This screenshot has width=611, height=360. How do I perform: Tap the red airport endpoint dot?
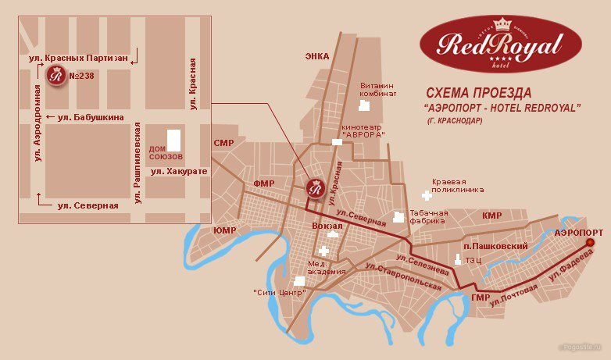click(590, 243)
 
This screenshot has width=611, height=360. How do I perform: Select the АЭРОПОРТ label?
click(578, 233)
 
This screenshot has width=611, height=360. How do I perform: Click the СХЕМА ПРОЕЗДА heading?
click(481, 92)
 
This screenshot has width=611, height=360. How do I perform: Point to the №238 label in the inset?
click(84, 77)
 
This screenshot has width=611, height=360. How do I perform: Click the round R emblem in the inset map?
click(56, 77)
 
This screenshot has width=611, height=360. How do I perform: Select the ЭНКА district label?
click(316, 56)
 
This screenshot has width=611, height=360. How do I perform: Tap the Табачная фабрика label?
click(431, 216)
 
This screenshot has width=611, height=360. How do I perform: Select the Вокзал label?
click(327, 226)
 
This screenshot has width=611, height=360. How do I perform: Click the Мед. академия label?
click(326, 267)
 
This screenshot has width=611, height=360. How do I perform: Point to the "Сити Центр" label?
click(278, 293)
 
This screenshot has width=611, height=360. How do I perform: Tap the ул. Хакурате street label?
click(179, 170)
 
